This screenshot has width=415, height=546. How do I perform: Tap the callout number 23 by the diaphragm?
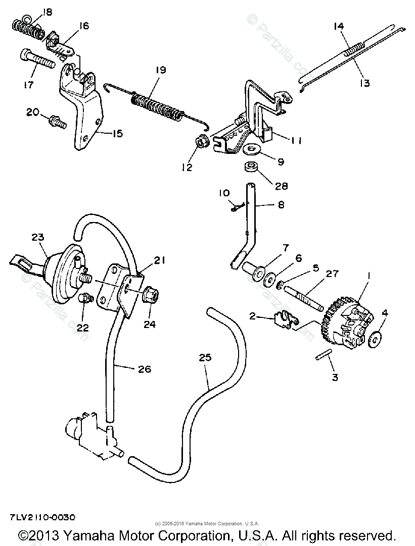38,237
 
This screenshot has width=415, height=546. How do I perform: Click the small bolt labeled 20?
57,121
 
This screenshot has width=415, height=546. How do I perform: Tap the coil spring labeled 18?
28,30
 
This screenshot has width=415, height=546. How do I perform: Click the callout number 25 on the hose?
205,358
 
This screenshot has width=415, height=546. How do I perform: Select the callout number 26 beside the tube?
144,369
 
